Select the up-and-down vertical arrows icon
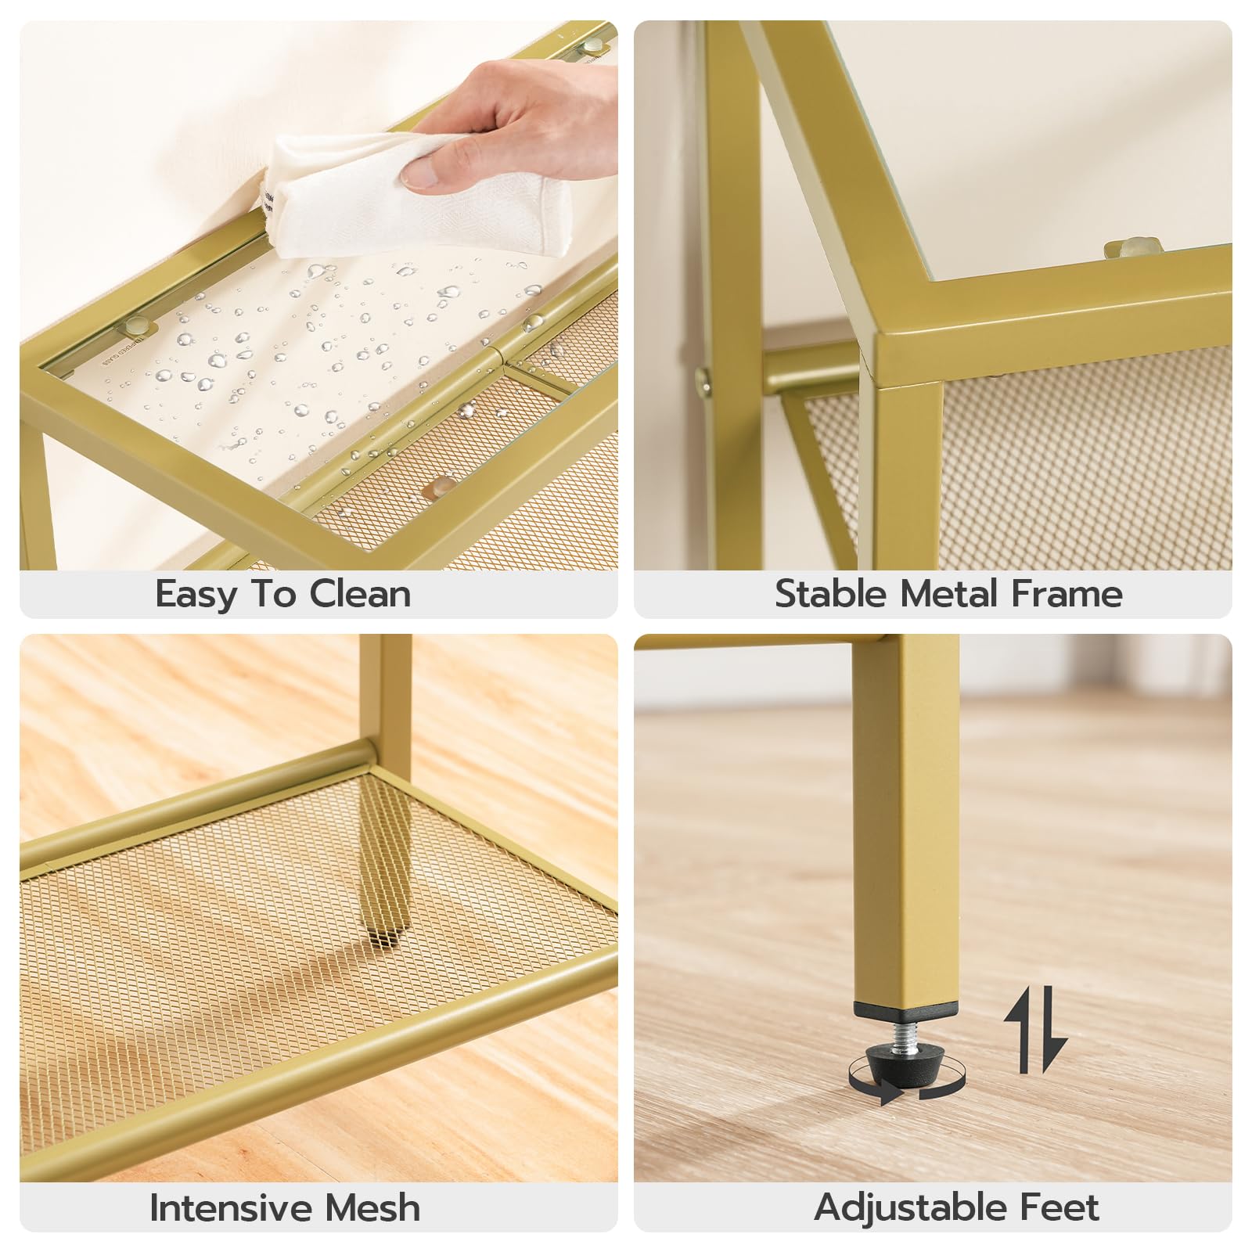pos(1035,1031)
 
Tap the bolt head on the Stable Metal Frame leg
pos(704,381)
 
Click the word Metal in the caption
pos(948,595)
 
